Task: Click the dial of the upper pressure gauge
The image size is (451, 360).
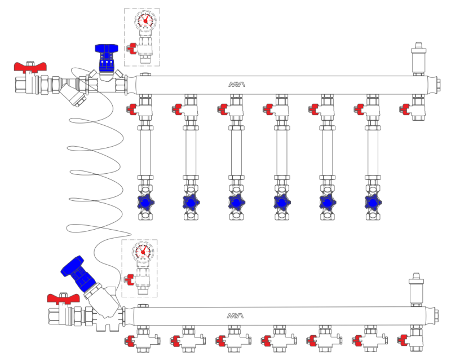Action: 145,21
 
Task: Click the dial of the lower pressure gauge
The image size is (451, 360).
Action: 143,252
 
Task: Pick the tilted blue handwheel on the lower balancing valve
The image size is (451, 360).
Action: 76,269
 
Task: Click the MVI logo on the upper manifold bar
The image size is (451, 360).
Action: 237,85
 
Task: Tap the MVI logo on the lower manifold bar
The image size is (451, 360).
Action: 237,315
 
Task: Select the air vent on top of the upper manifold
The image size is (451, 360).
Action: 418,57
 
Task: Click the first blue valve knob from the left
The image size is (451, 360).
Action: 145,201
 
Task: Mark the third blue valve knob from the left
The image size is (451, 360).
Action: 236,201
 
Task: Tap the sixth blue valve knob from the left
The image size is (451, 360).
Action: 372,201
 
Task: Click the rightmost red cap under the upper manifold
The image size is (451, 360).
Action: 404,108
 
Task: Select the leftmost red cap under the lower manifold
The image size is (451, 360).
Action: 130,340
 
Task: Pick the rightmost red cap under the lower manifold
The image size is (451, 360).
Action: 403,340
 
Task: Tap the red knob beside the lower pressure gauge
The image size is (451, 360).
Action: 130,278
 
